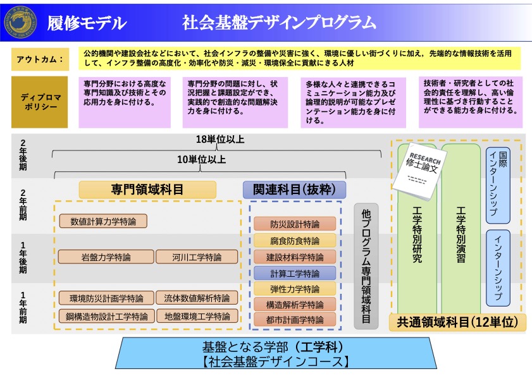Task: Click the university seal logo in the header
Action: click(x=18, y=22)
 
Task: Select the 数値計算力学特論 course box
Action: click(x=103, y=222)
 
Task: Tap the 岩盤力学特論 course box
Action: click(x=106, y=257)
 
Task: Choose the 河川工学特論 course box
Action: click(x=197, y=257)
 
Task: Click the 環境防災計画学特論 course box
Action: click(x=106, y=298)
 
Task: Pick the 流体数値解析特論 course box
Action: click(x=197, y=298)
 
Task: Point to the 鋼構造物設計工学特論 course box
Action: click(x=106, y=316)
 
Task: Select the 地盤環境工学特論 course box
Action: click(x=197, y=316)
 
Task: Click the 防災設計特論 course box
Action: click(x=295, y=224)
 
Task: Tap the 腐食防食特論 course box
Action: click(x=295, y=241)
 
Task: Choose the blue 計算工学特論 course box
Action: click(x=295, y=273)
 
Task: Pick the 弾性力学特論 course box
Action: click(x=295, y=289)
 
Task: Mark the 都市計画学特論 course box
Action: click(x=295, y=320)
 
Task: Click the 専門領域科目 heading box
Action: click(x=147, y=190)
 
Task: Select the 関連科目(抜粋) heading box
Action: click(x=294, y=190)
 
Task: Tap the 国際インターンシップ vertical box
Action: click(x=498, y=185)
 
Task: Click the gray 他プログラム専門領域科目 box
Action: click(x=366, y=266)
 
